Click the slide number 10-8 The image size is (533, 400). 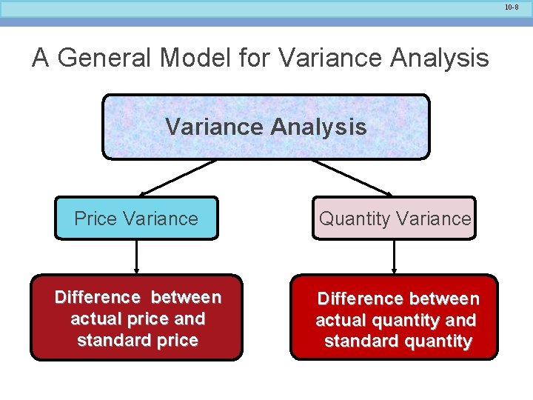(512, 7)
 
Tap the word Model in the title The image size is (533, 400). (195, 57)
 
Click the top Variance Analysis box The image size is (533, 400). (266, 127)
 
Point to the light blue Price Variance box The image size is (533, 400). (136, 219)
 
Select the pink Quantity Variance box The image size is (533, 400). (394, 219)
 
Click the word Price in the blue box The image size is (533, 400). (96, 219)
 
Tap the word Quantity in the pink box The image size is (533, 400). (354, 219)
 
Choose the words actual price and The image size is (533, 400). (137, 319)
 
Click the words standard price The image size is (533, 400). (137, 341)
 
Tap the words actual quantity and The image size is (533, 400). (395, 321)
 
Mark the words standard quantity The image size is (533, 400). (398, 341)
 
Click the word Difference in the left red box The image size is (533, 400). (97, 298)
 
